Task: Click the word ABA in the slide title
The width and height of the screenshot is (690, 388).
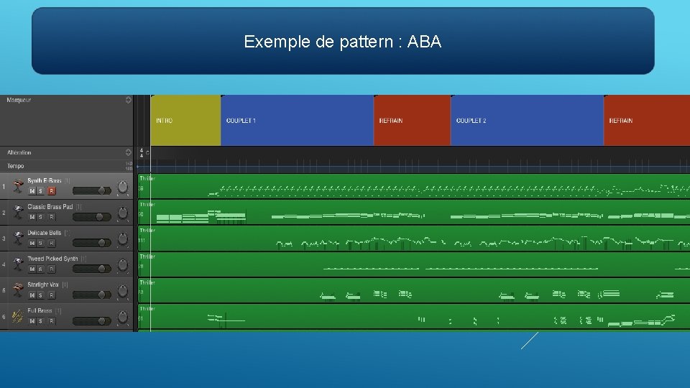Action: pos(424,42)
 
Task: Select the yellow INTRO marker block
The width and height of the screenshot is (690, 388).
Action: pos(185,120)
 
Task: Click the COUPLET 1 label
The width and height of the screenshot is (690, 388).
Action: pos(241,121)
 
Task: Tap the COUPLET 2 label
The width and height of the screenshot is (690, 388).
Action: pos(471,121)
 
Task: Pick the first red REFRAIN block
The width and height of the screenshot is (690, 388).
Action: pos(412,120)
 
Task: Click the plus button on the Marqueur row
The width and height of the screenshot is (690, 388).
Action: pos(128,100)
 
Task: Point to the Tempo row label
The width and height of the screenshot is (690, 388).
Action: pos(16,166)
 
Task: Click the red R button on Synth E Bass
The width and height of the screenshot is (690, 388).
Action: pos(51,191)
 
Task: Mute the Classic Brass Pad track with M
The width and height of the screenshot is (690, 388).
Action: pos(32,217)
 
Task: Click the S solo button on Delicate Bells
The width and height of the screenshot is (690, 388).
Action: pos(41,243)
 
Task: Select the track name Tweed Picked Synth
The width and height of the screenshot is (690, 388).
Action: pos(52,259)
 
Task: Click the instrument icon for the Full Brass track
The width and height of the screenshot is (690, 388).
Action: pos(17,316)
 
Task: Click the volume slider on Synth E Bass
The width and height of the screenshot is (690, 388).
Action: pos(91,191)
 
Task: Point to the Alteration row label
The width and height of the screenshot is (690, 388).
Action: pos(19,152)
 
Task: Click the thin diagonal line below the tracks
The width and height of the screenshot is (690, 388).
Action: pos(530,341)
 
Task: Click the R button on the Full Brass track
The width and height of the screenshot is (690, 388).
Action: pos(51,320)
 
